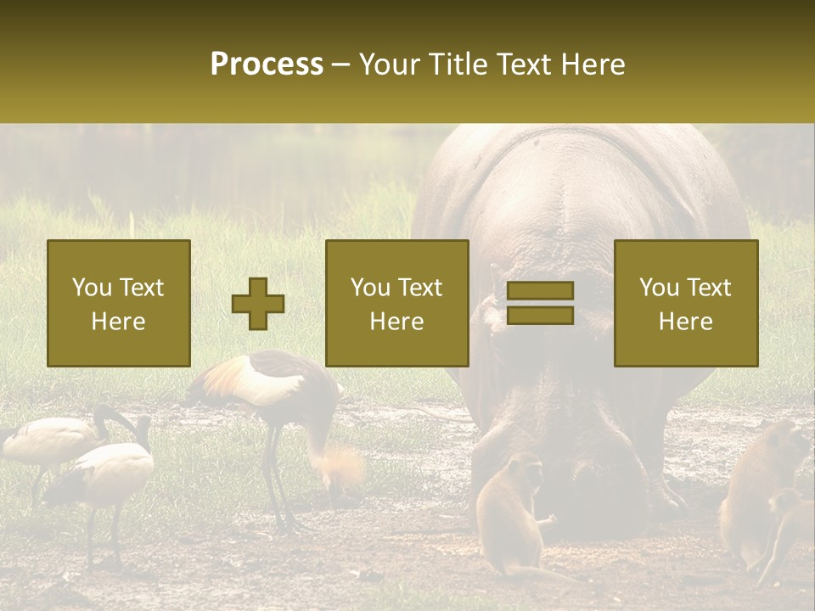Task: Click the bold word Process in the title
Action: point(267,64)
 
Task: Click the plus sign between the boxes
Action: point(258,304)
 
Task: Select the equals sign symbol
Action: point(540,303)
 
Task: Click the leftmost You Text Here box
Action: point(119,303)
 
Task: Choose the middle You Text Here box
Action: point(396,303)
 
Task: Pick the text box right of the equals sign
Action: point(685,303)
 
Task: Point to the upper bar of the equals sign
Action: point(540,291)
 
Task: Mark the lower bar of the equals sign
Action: point(540,315)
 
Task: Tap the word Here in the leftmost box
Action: point(118,322)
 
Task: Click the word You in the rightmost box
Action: point(659,288)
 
